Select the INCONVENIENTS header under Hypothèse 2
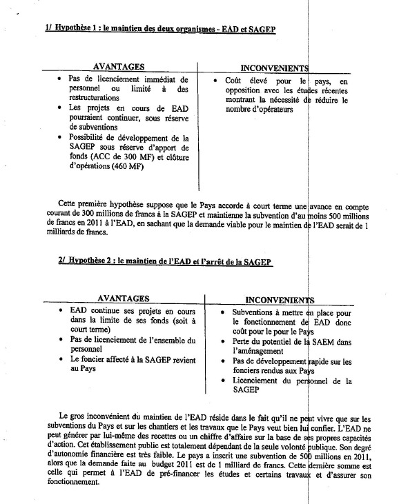point(279,300)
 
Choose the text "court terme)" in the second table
point(92,330)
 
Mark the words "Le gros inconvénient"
point(97,417)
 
